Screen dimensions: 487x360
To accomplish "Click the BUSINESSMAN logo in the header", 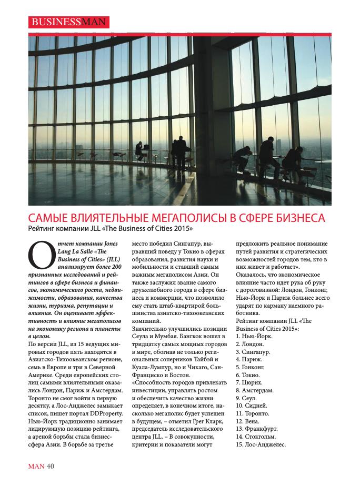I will coord(68,22).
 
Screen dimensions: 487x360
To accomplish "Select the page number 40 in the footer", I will coord(51,465).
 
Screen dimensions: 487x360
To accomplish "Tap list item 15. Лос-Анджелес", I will coord(262,444).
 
